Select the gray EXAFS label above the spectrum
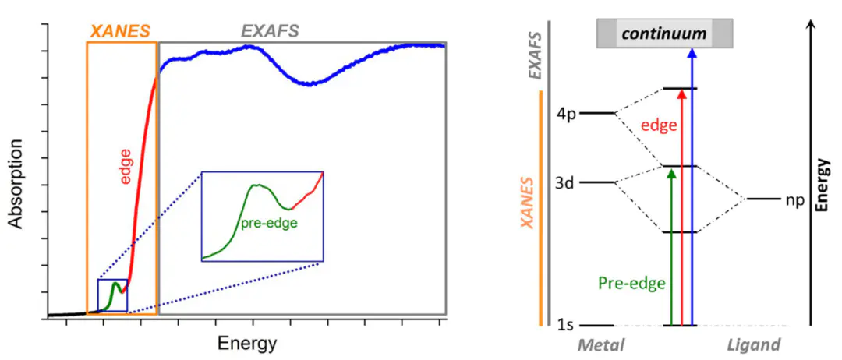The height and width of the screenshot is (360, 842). click(270, 31)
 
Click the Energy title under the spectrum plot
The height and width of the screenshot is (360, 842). click(247, 342)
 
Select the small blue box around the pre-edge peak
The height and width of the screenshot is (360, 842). click(112, 295)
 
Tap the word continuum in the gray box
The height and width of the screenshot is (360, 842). click(664, 34)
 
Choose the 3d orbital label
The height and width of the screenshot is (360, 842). click(566, 183)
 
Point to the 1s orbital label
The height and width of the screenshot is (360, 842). click(567, 325)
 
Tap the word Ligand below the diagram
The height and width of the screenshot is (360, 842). click(753, 344)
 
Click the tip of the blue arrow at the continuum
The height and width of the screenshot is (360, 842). click(692, 50)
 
